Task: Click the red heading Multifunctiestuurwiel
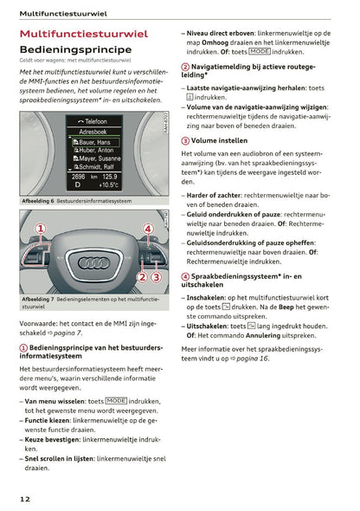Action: click(83, 34)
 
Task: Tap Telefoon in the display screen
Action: click(95, 121)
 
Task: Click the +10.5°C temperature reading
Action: click(109, 184)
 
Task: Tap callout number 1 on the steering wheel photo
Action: click(39, 229)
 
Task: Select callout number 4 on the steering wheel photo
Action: click(148, 229)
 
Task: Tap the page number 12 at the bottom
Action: click(26, 499)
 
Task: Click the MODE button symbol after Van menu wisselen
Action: click(115, 401)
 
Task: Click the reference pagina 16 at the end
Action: click(251, 358)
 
